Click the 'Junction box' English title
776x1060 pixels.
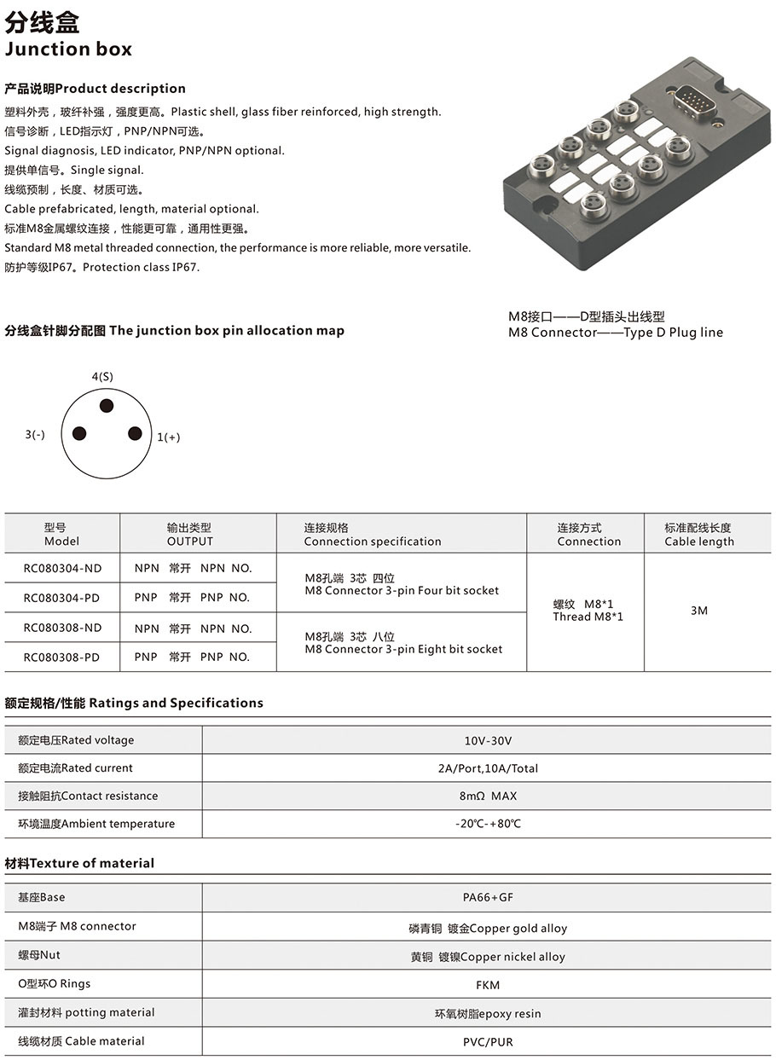[68, 49]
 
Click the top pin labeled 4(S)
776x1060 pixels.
[107, 406]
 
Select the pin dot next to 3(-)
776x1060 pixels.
[79, 433]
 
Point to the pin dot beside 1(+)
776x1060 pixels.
[135, 433]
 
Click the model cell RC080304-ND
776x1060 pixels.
[62, 568]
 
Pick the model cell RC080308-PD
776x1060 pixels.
[62, 657]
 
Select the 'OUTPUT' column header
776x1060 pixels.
[189, 542]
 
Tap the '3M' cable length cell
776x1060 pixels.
[699, 611]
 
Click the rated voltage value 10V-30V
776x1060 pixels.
[488, 740]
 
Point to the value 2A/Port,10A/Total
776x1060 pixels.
[488, 768]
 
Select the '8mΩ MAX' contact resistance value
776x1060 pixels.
[488, 796]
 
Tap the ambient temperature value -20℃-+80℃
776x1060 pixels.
[488, 824]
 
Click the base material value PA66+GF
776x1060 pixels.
[488, 897]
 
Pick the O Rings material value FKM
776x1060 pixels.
[488, 985]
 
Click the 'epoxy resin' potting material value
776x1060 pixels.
[488, 1014]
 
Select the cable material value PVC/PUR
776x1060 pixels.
[488, 1041]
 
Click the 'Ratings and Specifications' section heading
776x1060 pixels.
[134, 703]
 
